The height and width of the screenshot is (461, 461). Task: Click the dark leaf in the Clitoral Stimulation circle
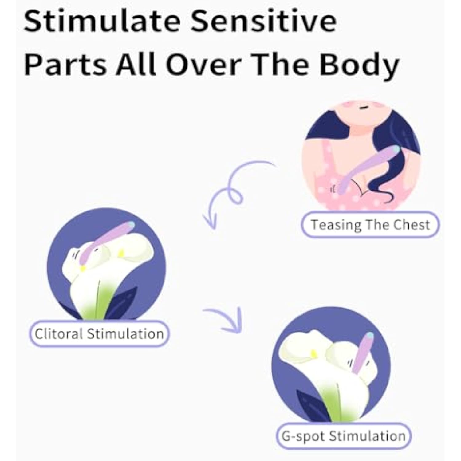tap(121, 303)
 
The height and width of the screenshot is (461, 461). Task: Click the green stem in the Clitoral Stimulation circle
tap(98, 301)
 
